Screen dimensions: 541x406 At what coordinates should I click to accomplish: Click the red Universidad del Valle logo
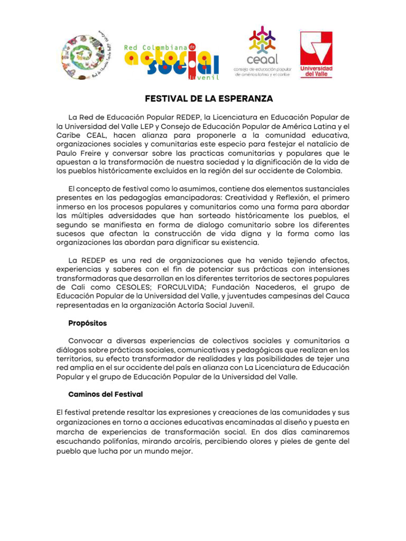click(316, 54)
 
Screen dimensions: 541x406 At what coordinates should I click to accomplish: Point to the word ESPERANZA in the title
click(245, 99)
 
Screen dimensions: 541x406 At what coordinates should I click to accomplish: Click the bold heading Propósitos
click(88, 323)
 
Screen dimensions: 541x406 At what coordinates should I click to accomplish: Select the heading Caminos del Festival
click(106, 394)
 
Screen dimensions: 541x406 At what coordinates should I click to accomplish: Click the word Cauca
click(336, 296)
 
